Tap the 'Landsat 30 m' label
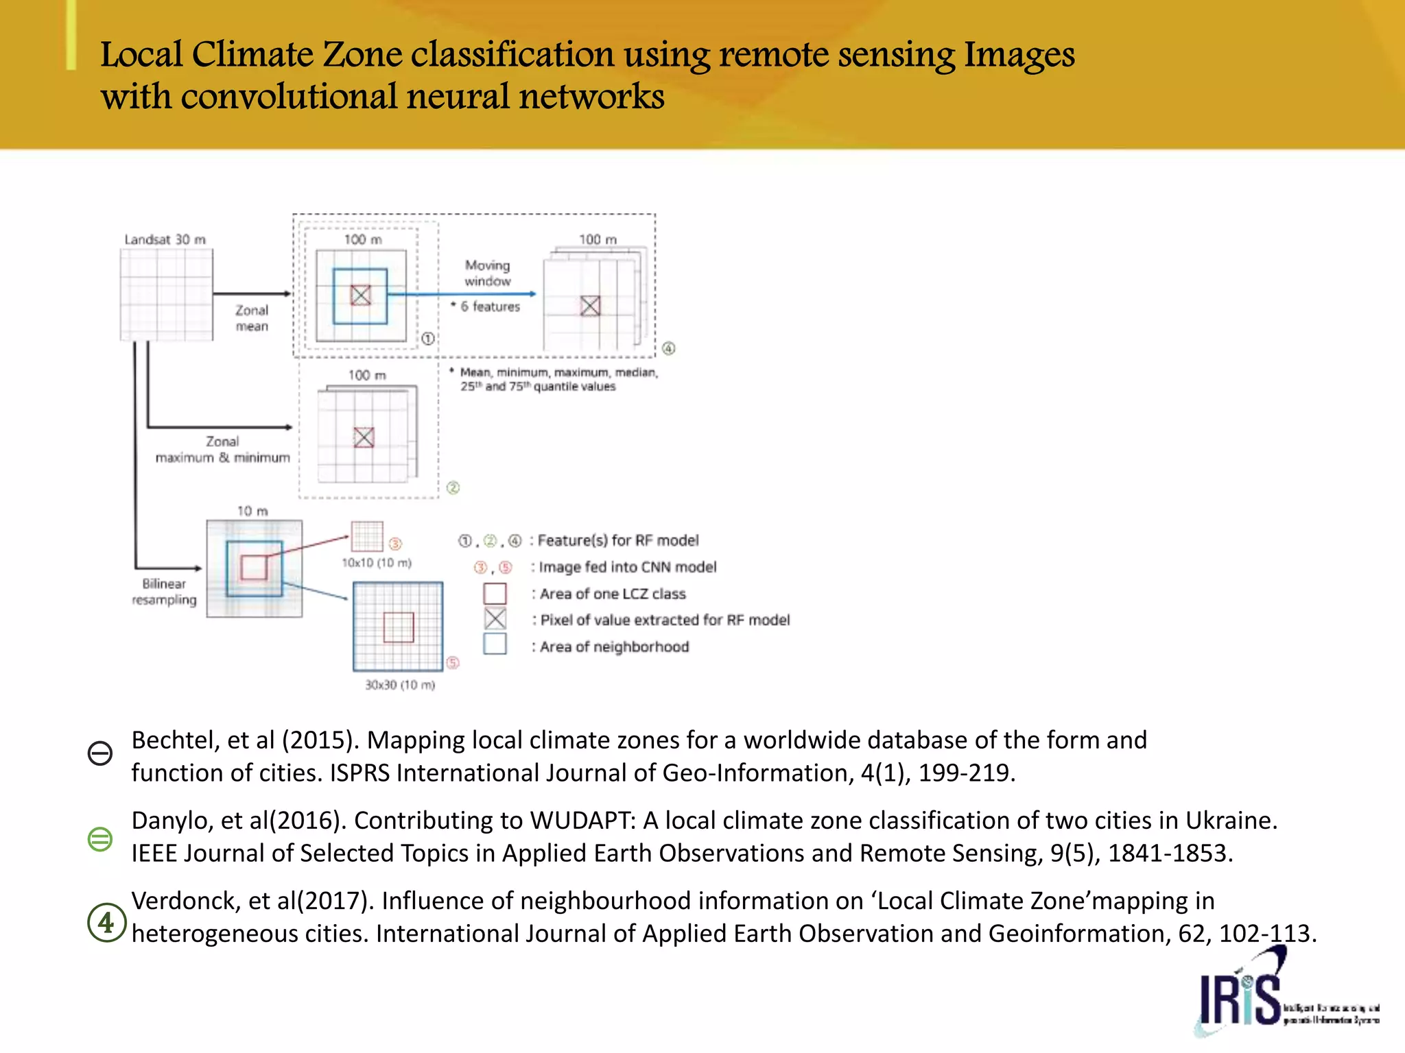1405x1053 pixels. click(x=165, y=239)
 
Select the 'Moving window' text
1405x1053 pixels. click(x=487, y=273)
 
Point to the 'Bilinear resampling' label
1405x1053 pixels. click(x=164, y=592)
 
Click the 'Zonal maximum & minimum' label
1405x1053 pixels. click(x=222, y=450)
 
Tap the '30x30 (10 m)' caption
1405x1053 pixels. click(x=400, y=685)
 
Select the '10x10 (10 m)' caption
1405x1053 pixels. click(x=377, y=563)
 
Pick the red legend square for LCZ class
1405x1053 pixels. click(x=495, y=593)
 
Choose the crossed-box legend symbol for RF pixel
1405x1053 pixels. click(x=495, y=619)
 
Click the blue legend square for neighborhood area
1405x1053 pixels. click(x=495, y=644)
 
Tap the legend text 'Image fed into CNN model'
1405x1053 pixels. click(x=627, y=567)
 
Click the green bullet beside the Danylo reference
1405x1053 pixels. click(x=100, y=838)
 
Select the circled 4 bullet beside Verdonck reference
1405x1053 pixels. click(x=106, y=923)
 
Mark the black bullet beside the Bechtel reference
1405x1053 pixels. click(x=100, y=753)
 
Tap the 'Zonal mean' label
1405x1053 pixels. click(x=252, y=318)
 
